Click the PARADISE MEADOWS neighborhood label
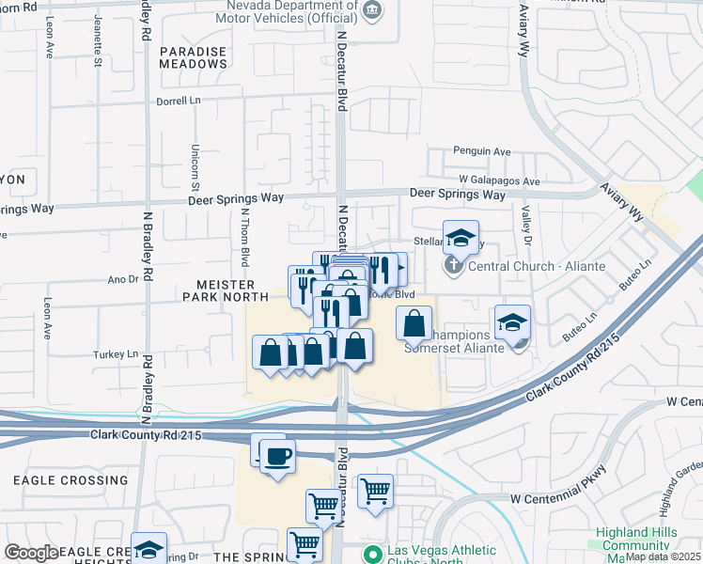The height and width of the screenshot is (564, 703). click(194, 57)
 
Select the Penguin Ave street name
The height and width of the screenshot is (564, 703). click(481, 150)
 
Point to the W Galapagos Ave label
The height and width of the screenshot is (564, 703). click(499, 180)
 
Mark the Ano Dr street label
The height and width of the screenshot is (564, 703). click(123, 279)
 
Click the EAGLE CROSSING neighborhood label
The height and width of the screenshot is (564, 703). click(70, 480)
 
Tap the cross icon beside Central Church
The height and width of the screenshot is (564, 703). click(453, 264)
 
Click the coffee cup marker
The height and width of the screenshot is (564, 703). click(276, 457)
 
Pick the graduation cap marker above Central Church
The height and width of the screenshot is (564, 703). click(461, 237)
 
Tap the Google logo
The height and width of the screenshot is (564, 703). click(31, 553)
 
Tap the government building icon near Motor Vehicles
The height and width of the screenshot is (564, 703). click(373, 11)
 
